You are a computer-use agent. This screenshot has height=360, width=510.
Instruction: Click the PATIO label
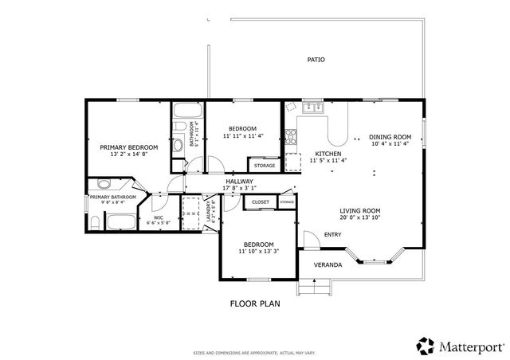316,60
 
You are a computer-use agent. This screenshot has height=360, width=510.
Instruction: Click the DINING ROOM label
390,136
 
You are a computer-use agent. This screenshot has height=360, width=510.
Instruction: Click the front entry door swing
308,239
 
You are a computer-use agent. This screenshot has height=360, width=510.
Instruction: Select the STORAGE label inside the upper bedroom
264,166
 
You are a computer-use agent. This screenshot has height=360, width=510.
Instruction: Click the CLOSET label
261,202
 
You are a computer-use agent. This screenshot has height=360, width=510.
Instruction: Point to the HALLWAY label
239,182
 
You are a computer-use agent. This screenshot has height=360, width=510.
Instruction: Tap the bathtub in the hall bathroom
187,111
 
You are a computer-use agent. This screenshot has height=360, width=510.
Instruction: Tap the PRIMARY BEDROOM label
128,147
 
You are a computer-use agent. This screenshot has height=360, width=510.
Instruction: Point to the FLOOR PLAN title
254,303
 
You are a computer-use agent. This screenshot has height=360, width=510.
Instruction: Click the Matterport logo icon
426,346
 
